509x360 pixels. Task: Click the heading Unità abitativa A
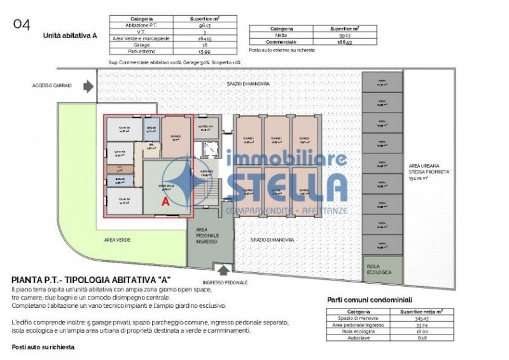coord(69,36)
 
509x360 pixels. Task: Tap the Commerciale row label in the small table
coord(281,42)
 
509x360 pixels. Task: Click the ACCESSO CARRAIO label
coord(52,85)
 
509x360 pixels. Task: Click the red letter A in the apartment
coord(165,202)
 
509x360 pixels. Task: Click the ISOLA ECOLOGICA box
coord(382,270)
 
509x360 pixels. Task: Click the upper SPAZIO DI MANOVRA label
coord(248,84)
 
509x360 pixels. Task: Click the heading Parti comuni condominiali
coord(370,299)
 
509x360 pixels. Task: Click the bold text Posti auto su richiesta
coord(43,347)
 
